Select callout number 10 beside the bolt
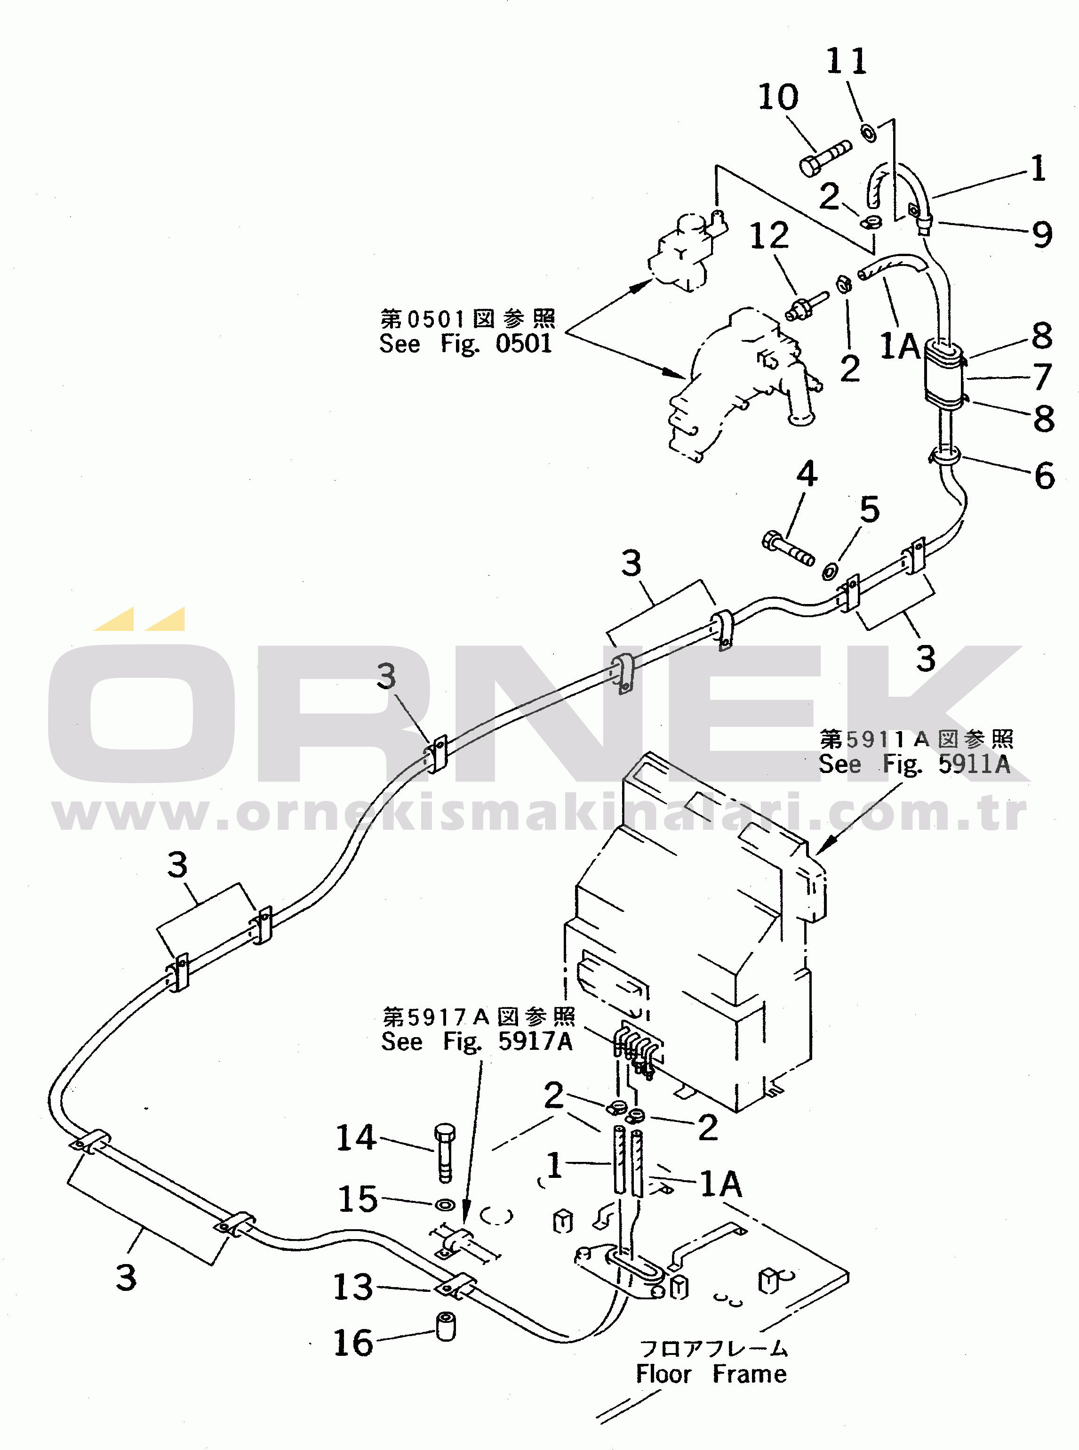tap(778, 97)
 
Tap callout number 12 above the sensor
tap(769, 235)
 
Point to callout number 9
tap(1042, 234)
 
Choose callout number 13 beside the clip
tap(353, 1287)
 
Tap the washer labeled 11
tap(869, 132)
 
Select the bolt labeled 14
tap(445, 1153)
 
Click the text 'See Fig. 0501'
tap(465, 344)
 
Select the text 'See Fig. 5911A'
tap(914, 764)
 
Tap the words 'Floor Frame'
tap(711, 1374)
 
